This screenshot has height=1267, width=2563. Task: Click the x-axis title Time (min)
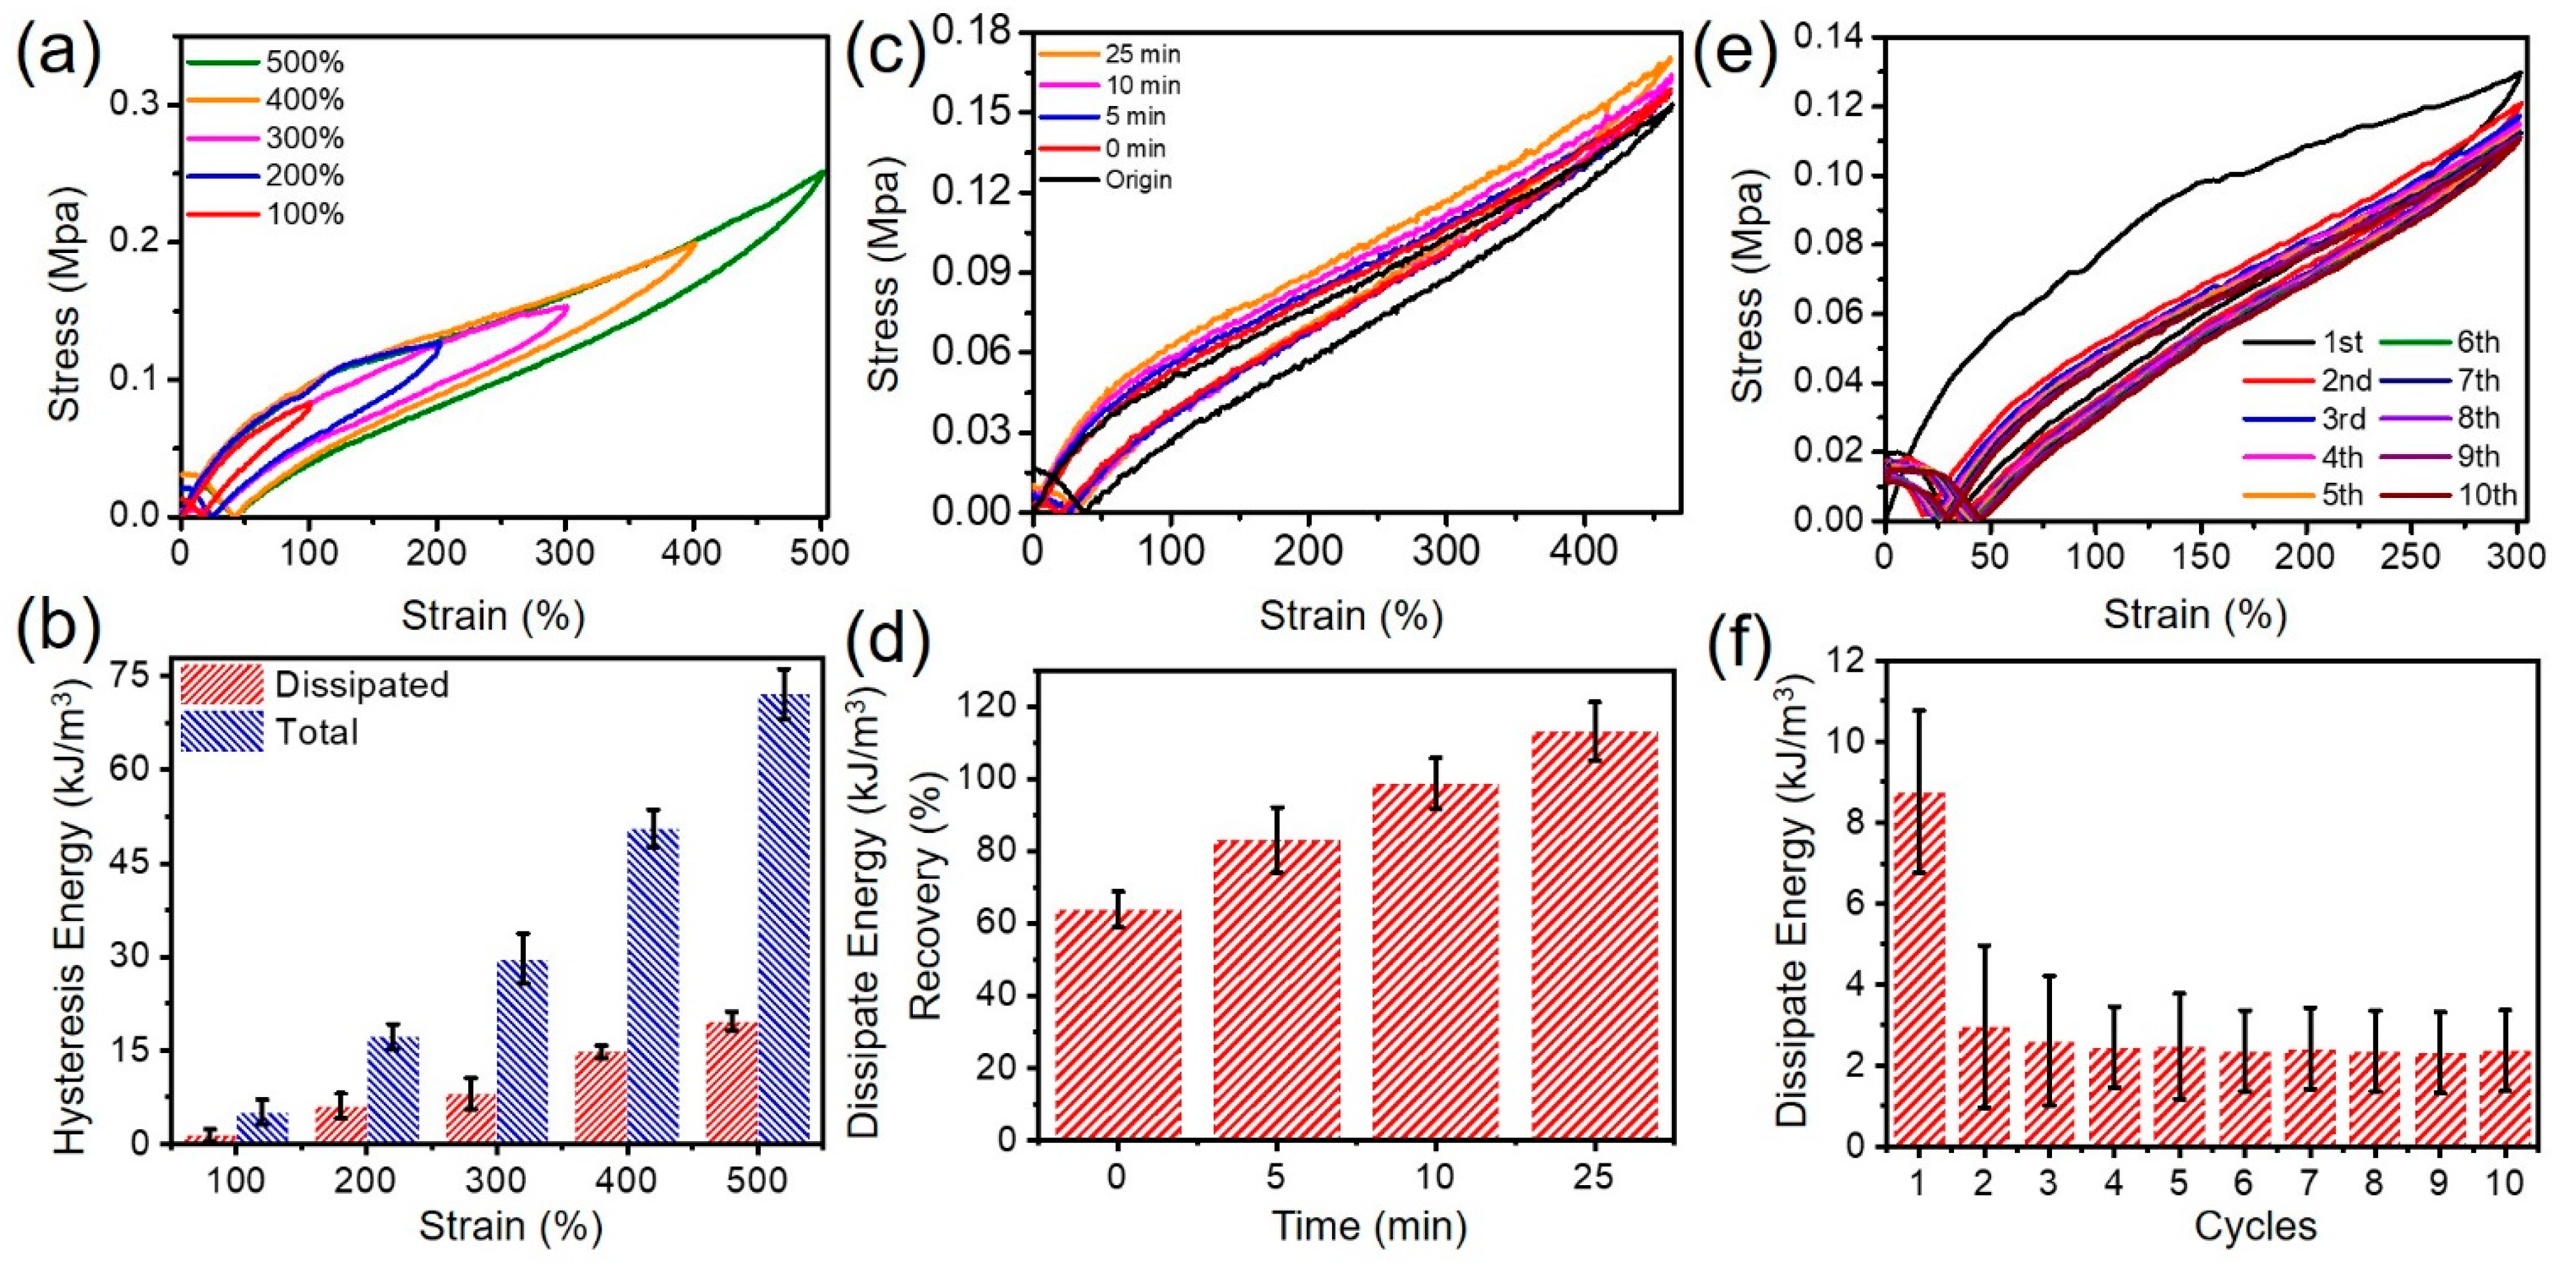[1370, 1225]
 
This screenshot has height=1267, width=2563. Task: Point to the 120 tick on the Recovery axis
[986, 706]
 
